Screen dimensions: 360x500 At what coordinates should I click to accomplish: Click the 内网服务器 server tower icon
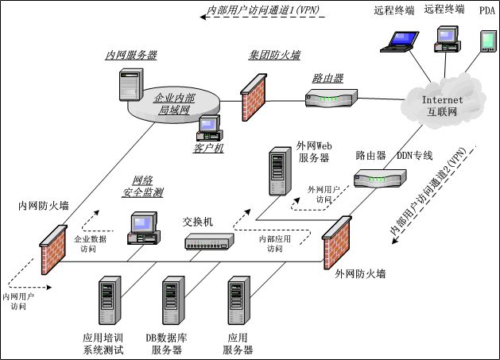pyautogui.click(x=130, y=83)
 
